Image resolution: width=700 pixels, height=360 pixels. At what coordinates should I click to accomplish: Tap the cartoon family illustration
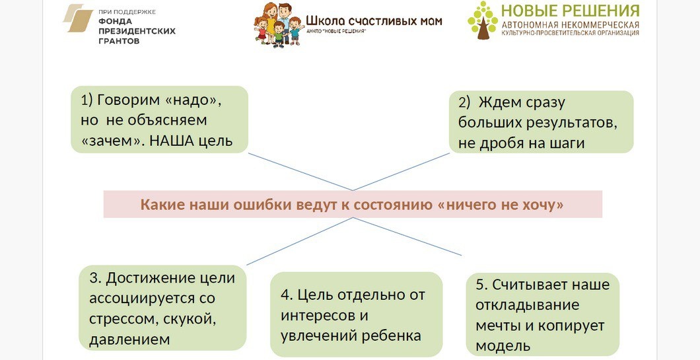(278, 24)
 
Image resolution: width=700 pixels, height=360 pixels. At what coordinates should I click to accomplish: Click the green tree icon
(483, 20)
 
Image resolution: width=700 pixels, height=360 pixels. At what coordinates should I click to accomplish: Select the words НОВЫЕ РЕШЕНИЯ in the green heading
(570, 11)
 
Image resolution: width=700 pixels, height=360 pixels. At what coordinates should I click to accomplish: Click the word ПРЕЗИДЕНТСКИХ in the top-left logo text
(136, 30)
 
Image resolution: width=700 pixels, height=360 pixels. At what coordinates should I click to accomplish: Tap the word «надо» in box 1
(192, 100)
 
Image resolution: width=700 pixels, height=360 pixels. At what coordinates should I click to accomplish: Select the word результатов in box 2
(571, 123)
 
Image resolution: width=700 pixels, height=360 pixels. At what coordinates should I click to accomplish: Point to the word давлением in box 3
(129, 340)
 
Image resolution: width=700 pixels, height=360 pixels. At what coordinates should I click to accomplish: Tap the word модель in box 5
(503, 345)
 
